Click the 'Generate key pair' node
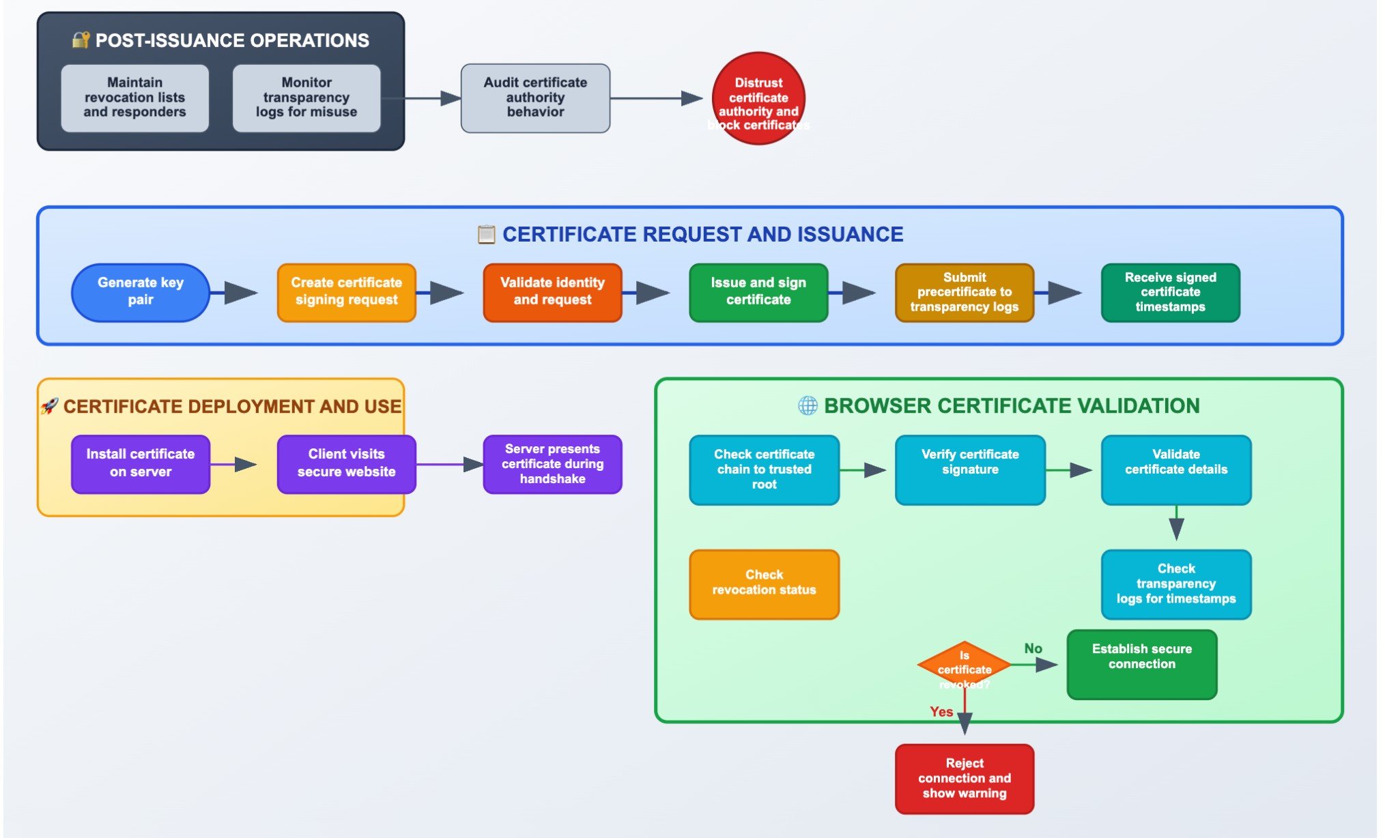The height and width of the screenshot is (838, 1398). pos(140,292)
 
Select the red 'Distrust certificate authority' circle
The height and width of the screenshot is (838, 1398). pos(758,99)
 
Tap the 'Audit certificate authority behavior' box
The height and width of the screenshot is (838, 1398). pos(535,98)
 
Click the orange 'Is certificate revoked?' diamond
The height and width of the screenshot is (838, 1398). pos(964,665)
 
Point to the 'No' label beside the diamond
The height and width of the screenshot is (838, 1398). pos(1033,648)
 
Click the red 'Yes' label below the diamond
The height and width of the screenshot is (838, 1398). pos(941,712)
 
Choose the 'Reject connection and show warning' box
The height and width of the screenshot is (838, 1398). pos(964,779)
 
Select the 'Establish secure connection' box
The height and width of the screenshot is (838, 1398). pos(1141,664)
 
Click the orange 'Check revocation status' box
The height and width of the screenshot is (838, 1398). pos(764,584)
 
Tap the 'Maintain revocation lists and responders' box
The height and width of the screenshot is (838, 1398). pos(134,98)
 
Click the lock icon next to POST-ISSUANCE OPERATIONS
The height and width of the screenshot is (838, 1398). pos(81,40)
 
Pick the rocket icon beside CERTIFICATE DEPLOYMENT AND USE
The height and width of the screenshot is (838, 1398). pos(49,406)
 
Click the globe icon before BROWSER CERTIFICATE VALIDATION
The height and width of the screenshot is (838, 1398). pos(808,405)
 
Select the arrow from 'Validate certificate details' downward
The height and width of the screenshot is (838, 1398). pos(1175,525)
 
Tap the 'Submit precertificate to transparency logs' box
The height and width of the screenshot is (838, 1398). pos(964,292)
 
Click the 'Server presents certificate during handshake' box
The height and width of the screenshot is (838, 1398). pos(552,464)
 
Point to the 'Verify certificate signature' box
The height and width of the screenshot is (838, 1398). pos(969,469)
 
